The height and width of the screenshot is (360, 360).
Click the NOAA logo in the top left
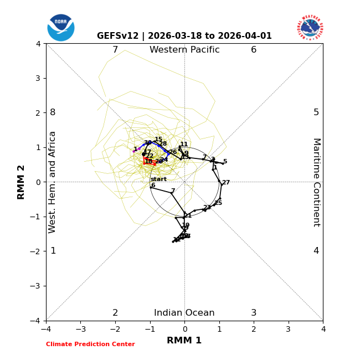click(61, 28)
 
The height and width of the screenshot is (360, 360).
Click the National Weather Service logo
click(310, 28)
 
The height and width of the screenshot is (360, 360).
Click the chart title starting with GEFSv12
click(184, 36)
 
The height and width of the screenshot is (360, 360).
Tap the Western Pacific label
click(184, 50)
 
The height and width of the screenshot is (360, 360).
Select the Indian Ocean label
click(184, 313)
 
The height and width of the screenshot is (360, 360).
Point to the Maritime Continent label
click(316, 182)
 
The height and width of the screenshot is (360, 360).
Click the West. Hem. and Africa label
click(53, 182)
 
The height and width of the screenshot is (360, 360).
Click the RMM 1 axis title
click(184, 341)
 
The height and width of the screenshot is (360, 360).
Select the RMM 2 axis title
click(22, 182)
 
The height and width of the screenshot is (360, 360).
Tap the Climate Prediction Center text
click(90, 344)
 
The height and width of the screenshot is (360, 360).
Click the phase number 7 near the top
click(115, 50)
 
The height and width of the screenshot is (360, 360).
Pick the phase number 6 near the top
click(254, 50)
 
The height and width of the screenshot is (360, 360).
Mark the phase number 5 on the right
click(316, 112)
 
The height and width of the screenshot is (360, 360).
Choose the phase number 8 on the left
click(53, 112)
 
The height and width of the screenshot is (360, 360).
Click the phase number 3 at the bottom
click(254, 313)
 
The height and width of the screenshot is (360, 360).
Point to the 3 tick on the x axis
click(288, 329)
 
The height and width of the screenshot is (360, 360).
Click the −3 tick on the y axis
click(37, 286)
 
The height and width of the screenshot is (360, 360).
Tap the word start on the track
click(158, 179)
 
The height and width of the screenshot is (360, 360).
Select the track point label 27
click(226, 183)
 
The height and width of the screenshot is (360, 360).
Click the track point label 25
click(218, 203)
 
